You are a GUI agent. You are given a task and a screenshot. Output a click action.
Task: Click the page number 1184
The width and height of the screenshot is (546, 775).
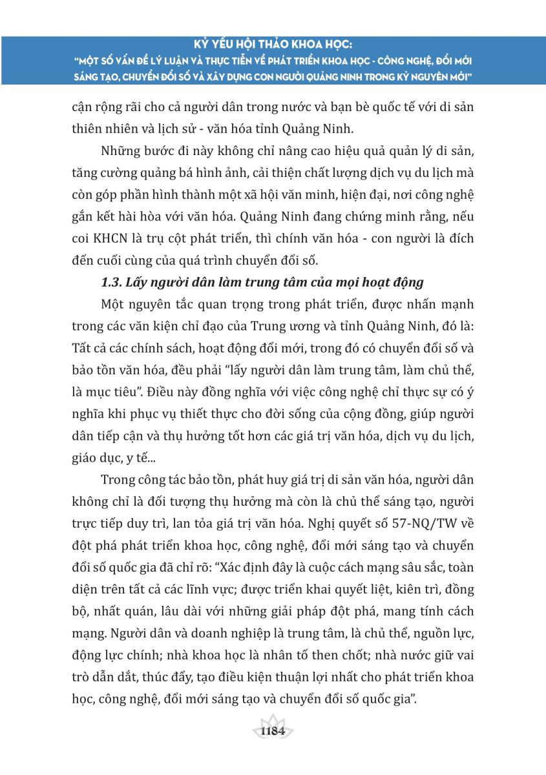click(x=273, y=732)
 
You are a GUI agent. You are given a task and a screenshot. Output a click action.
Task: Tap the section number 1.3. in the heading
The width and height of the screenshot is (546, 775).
click(x=114, y=282)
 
